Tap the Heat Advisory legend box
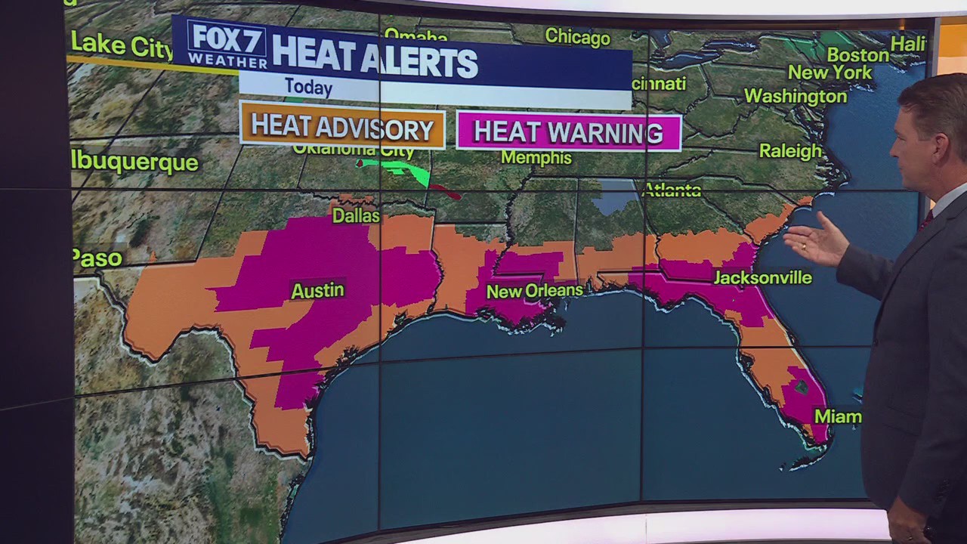(342, 125)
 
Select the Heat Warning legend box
(568, 132)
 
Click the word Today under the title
(308, 87)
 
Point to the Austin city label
(317, 290)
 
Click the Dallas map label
(356, 216)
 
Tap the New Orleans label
(534, 291)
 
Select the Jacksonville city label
(762, 278)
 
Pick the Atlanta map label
(672, 190)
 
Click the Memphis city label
(536, 157)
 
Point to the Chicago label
(577, 37)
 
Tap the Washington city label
(795, 97)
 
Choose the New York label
(830, 73)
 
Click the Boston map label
(857, 55)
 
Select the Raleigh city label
(790, 151)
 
